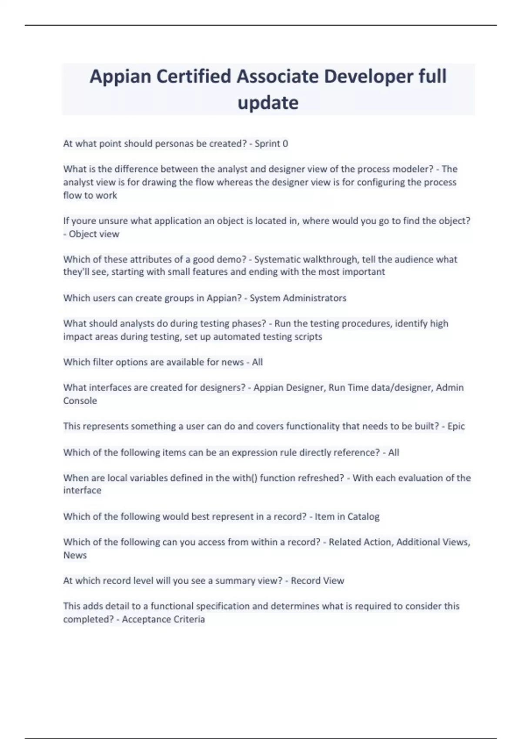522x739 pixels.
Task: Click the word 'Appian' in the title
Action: pos(120,77)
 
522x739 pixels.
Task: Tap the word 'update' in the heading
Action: pos(268,103)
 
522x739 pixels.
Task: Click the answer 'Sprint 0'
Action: pos(271,143)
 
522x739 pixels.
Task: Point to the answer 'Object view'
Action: pos(94,234)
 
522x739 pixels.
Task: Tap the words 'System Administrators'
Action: pos(298,298)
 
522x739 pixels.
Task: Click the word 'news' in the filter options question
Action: pos(233,362)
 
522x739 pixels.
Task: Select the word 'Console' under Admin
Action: pos(80,401)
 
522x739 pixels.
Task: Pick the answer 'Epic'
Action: pos(456,426)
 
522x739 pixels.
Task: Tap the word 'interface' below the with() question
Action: pos(82,490)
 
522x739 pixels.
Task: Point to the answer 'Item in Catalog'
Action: pos(347,516)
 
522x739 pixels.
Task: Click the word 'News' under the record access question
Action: pos(75,555)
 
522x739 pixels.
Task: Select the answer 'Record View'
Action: pos(318,581)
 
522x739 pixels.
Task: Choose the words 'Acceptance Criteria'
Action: pos(163,619)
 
